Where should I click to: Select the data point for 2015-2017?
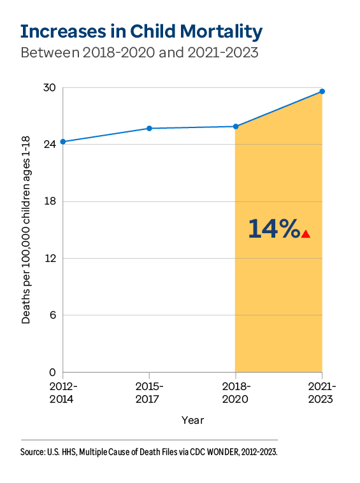coord(149,128)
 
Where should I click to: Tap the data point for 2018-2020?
coord(236,126)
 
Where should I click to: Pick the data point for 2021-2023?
coord(322,91)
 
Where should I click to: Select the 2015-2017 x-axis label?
coord(149,393)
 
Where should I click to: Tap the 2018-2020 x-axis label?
coord(236,393)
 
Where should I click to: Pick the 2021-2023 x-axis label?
coord(322,393)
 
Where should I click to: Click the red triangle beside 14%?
coord(306,234)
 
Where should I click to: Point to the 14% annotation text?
coord(273,229)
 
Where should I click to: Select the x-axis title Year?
coord(192,420)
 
